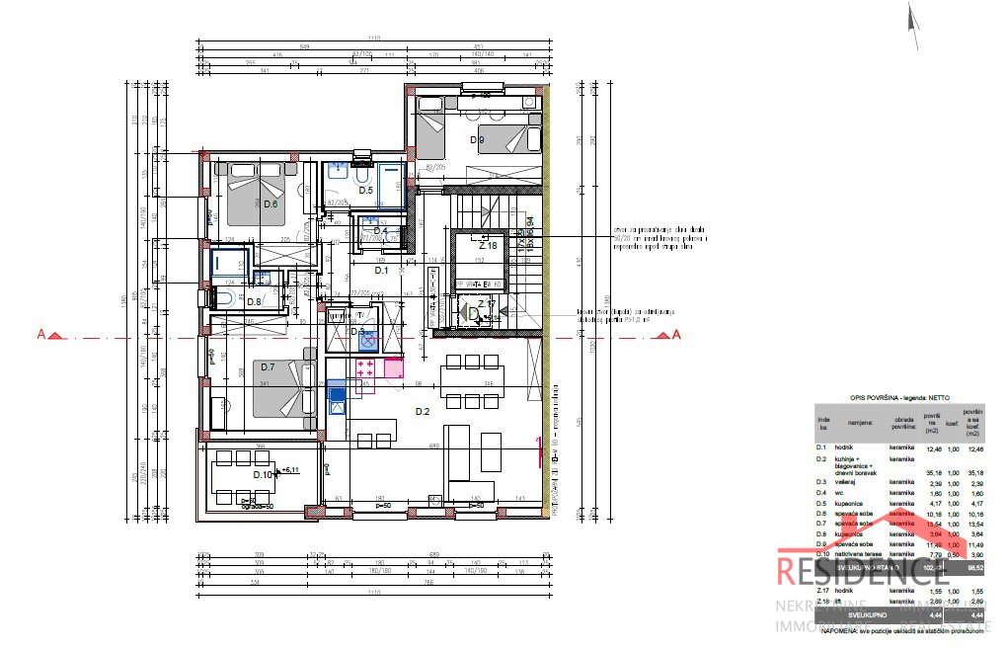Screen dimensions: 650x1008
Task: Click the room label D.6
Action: click(x=270, y=203)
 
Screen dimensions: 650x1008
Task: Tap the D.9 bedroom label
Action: click(x=477, y=139)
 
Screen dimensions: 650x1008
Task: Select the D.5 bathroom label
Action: click(x=364, y=190)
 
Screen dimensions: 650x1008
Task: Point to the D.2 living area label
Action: click(x=423, y=411)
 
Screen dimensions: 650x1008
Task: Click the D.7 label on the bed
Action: click(x=268, y=367)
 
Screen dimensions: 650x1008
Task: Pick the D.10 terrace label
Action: click(x=263, y=474)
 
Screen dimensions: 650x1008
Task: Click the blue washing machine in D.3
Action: click(x=368, y=342)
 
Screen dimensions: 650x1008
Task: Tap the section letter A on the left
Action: click(x=40, y=334)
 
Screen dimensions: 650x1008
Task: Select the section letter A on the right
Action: click(x=676, y=334)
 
